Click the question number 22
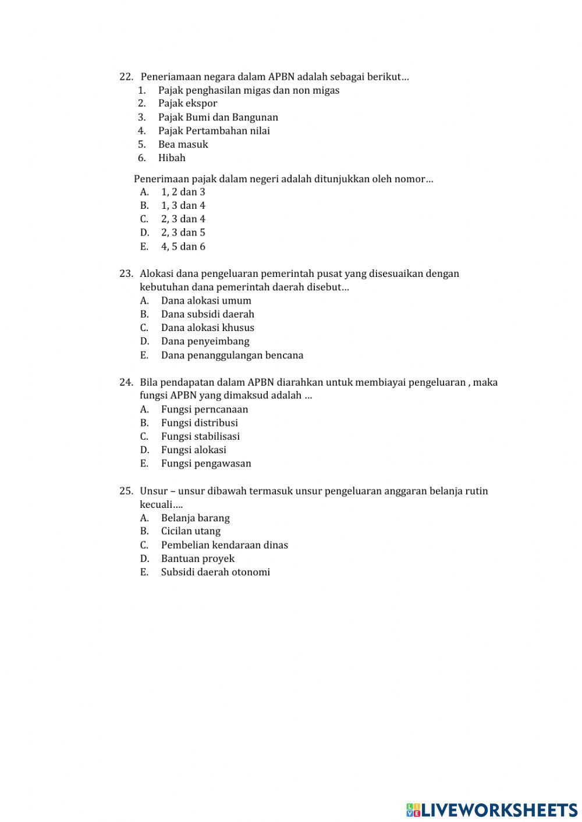(126, 77)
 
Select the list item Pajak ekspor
(187, 104)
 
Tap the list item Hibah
(172, 158)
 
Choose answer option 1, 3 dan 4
(183, 205)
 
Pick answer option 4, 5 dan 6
(183, 246)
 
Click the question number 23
(126, 273)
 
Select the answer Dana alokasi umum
(206, 301)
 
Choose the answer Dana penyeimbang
(205, 341)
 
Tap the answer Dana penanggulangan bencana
(232, 355)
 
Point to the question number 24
(126, 382)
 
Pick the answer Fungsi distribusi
(199, 423)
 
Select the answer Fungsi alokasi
(193, 450)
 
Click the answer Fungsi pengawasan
(206, 464)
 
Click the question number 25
(126, 491)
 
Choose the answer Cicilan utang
(190, 531)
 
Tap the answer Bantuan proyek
(197, 558)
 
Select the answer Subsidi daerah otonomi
(215, 572)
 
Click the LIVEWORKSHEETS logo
(492, 809)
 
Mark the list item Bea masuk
(183, 144)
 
